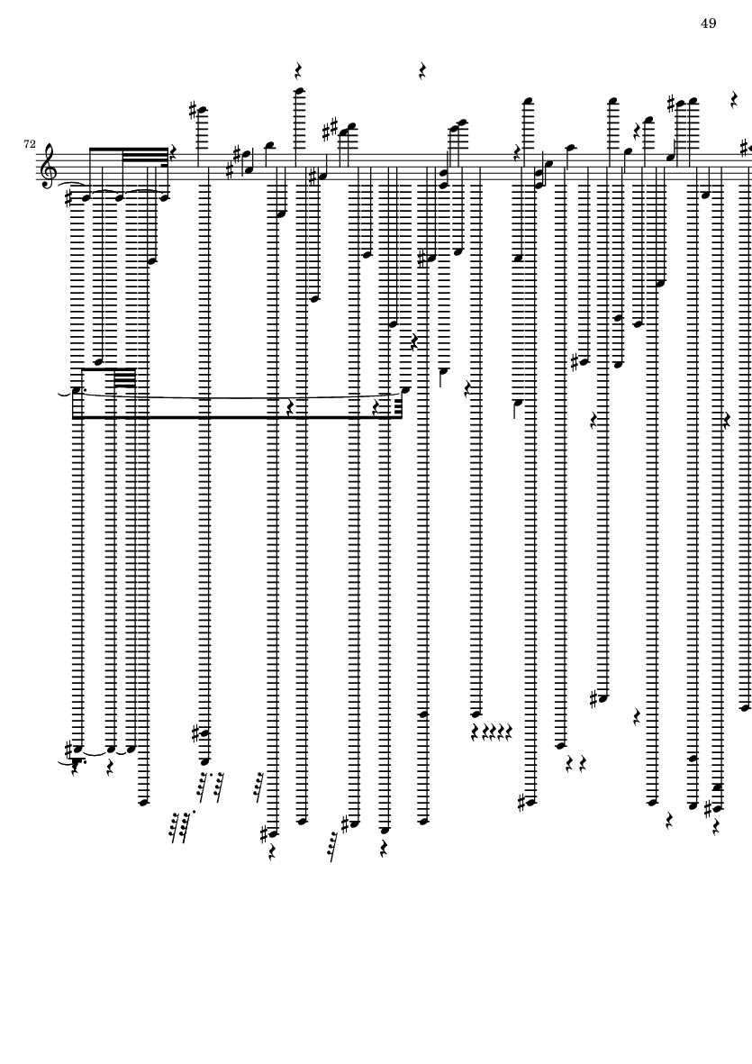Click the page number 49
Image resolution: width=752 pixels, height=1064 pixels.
(x=708, y=23)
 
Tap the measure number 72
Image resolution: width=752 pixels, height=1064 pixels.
(x=31, y=144)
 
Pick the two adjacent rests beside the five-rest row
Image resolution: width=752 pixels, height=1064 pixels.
(x=575, y=764)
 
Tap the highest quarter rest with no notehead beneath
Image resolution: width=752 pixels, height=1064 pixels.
(x=421, y=70)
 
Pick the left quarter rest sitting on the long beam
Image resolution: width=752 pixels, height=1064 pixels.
(x=289, y=408)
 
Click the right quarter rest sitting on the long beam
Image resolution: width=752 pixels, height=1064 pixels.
(x=377, y=408)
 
